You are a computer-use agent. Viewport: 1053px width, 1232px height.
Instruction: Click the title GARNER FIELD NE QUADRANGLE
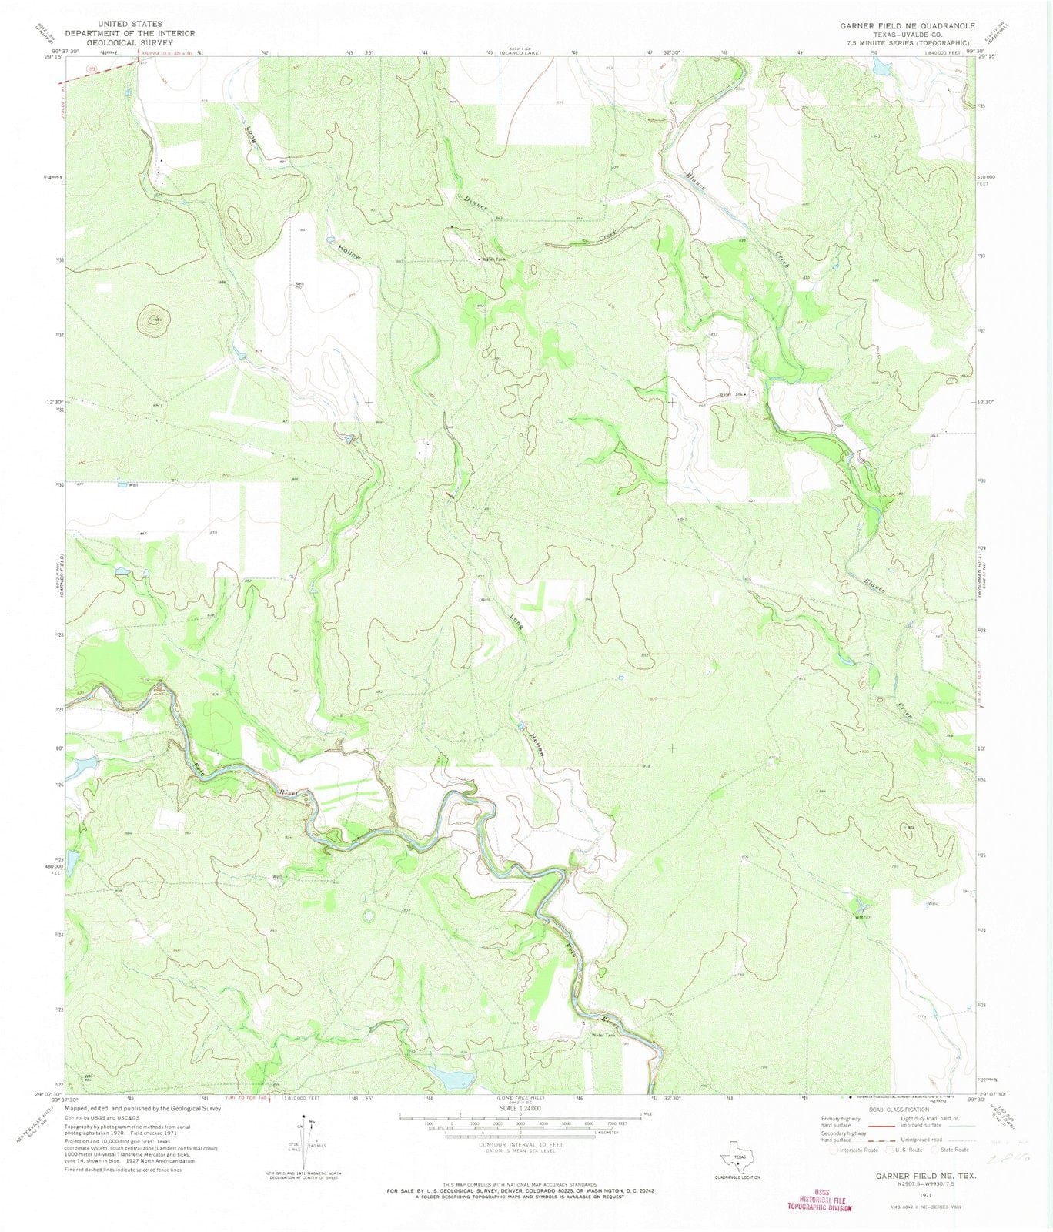click(x=908, y=25)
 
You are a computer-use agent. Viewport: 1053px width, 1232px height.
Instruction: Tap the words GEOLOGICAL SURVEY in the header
click(x=129, y=43)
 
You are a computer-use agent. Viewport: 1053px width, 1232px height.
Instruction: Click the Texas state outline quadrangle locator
click(x=738, y=1161)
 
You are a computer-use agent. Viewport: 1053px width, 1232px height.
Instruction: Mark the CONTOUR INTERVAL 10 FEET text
click(x=520, y=1144)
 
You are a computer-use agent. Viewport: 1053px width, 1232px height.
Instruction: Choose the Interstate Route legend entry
click(x=854, y=1150)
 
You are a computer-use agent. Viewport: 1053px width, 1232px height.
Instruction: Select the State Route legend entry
click(x=951, y=1150)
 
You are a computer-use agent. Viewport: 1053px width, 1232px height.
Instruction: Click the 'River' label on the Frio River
click(x=288, y=792)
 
